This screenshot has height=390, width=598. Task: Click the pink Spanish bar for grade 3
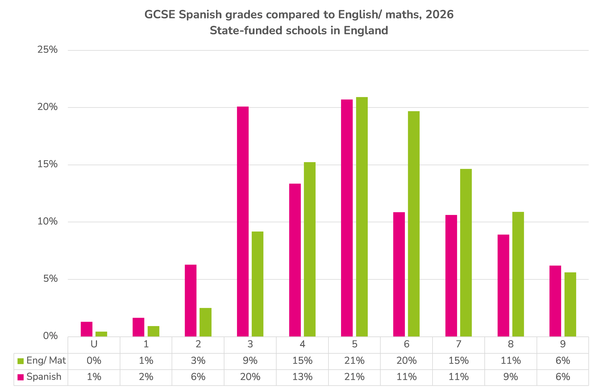coord(243,222)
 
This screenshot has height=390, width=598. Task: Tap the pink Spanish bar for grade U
coord(86,329)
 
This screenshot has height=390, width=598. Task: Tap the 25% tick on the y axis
coord(47,50)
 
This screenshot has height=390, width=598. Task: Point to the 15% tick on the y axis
coord(47,164)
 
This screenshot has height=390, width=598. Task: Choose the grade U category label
coord(94,344)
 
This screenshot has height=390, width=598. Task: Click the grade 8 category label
coord(511,344)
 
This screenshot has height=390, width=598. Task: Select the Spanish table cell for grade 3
coord(250,377)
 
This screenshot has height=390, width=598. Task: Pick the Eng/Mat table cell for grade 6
coord(407,361)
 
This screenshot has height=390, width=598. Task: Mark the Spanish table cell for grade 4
coord(302,377)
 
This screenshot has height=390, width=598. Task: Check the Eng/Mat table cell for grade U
coord(94,361)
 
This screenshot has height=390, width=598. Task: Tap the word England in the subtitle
coord(366,31)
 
